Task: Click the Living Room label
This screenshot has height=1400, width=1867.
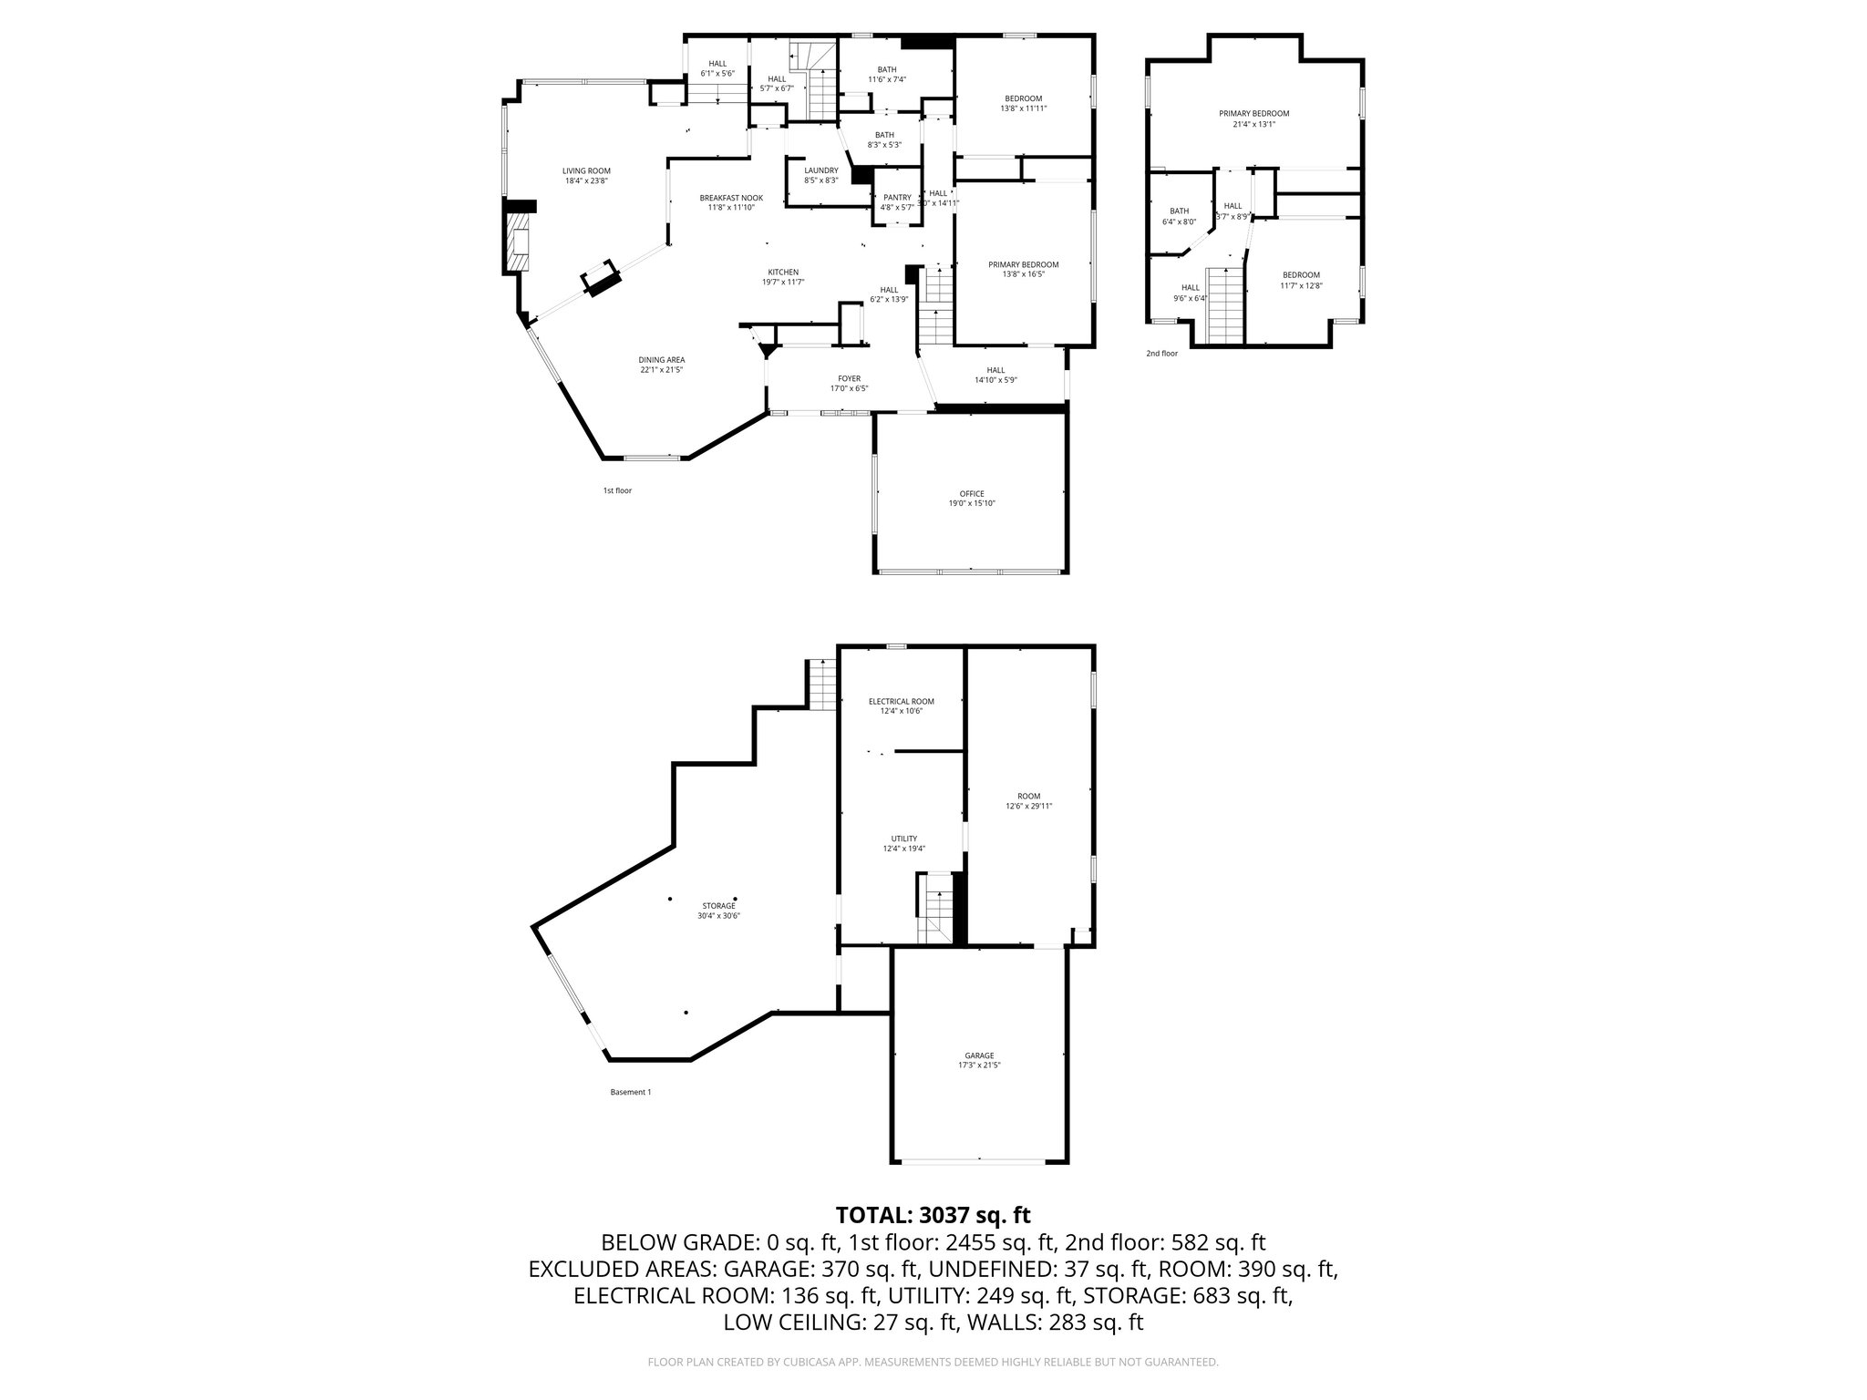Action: tap(586, 171)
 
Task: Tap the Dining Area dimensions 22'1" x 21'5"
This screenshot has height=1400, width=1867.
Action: tap(662, 370)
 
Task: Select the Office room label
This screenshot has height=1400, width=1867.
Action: tap(972, 494)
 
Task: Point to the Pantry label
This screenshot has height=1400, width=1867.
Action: tap(897, 198)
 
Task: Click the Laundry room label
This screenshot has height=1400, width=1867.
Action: tap(820, 170)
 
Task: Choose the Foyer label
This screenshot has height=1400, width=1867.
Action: tap(849, 379)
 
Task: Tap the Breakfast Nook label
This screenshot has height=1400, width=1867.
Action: tap(731, 198)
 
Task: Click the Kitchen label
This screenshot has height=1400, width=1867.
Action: tap(783, 273)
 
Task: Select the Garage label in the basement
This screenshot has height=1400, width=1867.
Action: tap(980, 1055)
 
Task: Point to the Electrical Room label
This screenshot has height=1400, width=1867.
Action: tap(901, 702)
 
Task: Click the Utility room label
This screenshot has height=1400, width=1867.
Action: tap(903, 839)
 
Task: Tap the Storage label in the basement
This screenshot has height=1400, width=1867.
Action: tap(718, 906)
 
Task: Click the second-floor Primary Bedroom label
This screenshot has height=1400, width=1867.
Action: tap(1253, 114)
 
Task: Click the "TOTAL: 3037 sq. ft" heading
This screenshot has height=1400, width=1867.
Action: tap(933, 1215)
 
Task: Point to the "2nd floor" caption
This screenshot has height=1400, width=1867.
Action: tap(1161, 354)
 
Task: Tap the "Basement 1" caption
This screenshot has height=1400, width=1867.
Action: tap(630, 1092)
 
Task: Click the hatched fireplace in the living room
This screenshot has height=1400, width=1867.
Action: tap(517, 242)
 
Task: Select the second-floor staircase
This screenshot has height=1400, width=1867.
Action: tap(1225, 305)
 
